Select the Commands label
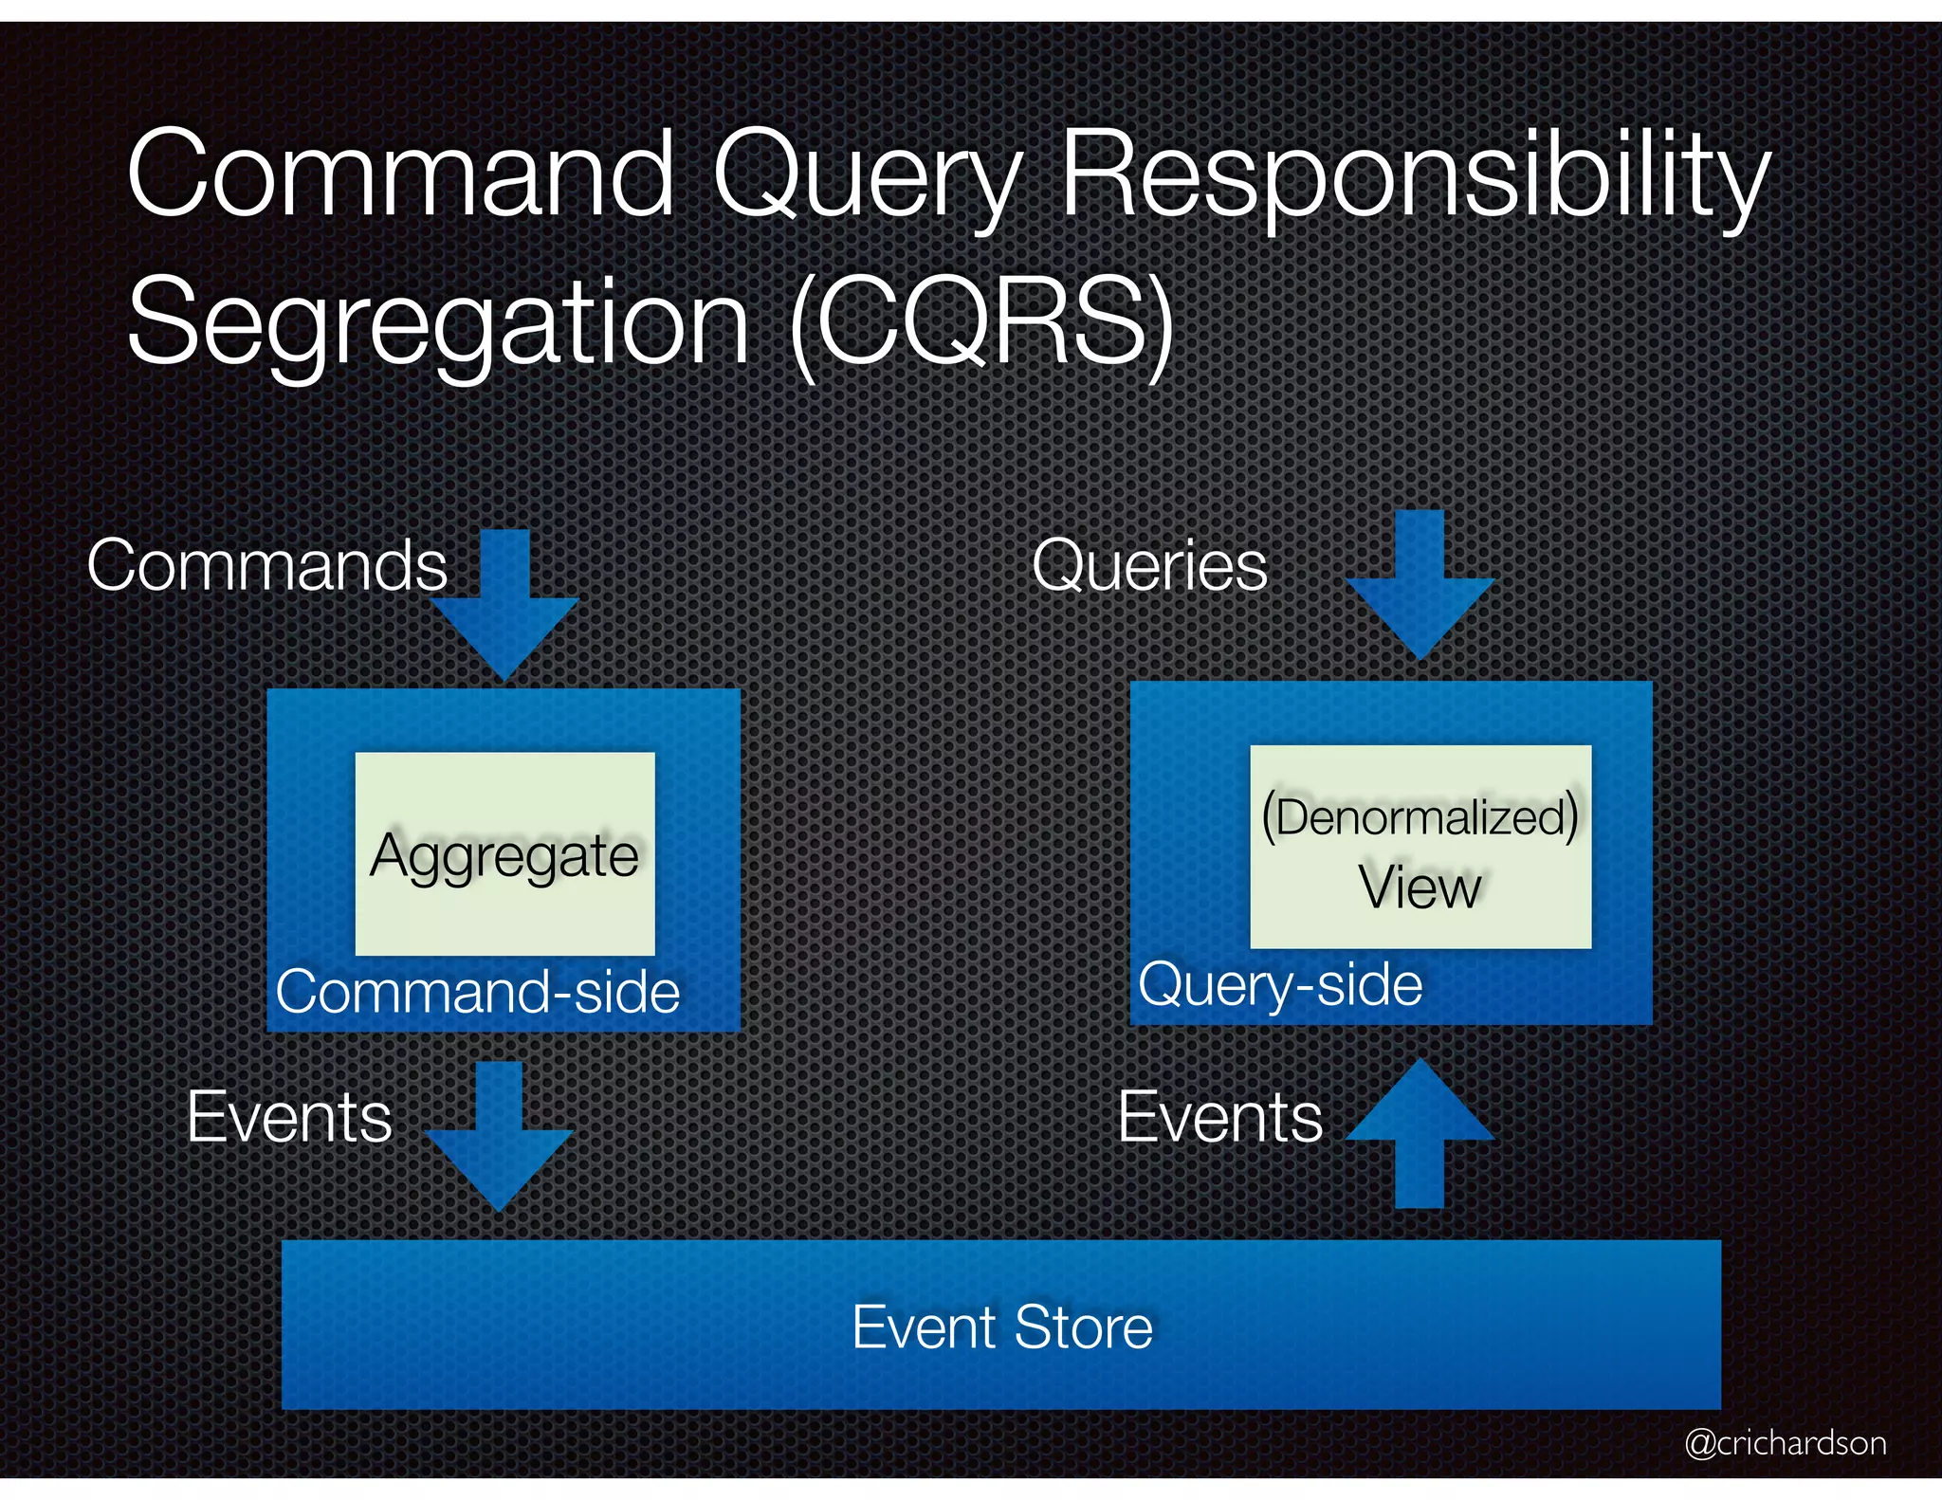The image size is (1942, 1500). (x=267, y=566)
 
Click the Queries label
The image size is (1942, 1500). (x=1149, y=566)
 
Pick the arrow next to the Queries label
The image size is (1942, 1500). (x=1420, y=586)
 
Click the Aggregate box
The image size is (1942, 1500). (x=504, y=853)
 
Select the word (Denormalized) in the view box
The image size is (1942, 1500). (x=1420, y=816)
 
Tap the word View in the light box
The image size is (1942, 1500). (x=1420, y=887)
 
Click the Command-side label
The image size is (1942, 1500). (x=478, y=993)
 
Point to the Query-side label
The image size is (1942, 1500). (x=1280, y=984)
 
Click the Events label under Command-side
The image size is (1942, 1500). (x=289, y=1117)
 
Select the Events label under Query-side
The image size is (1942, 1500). (x=1220, y=1117)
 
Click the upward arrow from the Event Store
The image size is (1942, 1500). (x=1420, y=1133)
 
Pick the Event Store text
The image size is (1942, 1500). (x=1002, y=1326)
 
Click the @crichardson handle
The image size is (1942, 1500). (x=1786, y=1442)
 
